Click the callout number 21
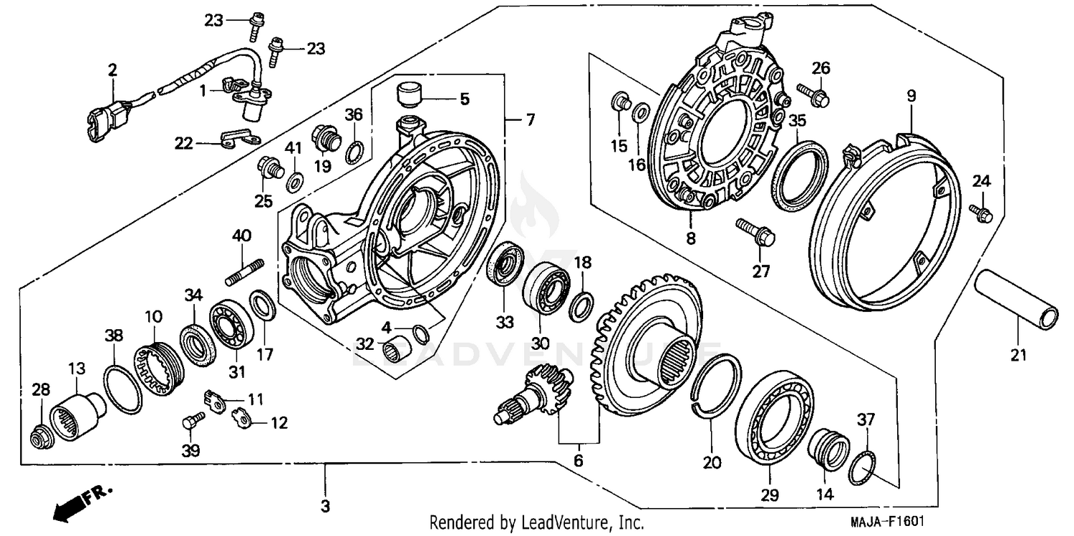1018,354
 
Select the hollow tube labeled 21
1017,299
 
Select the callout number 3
325,507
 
